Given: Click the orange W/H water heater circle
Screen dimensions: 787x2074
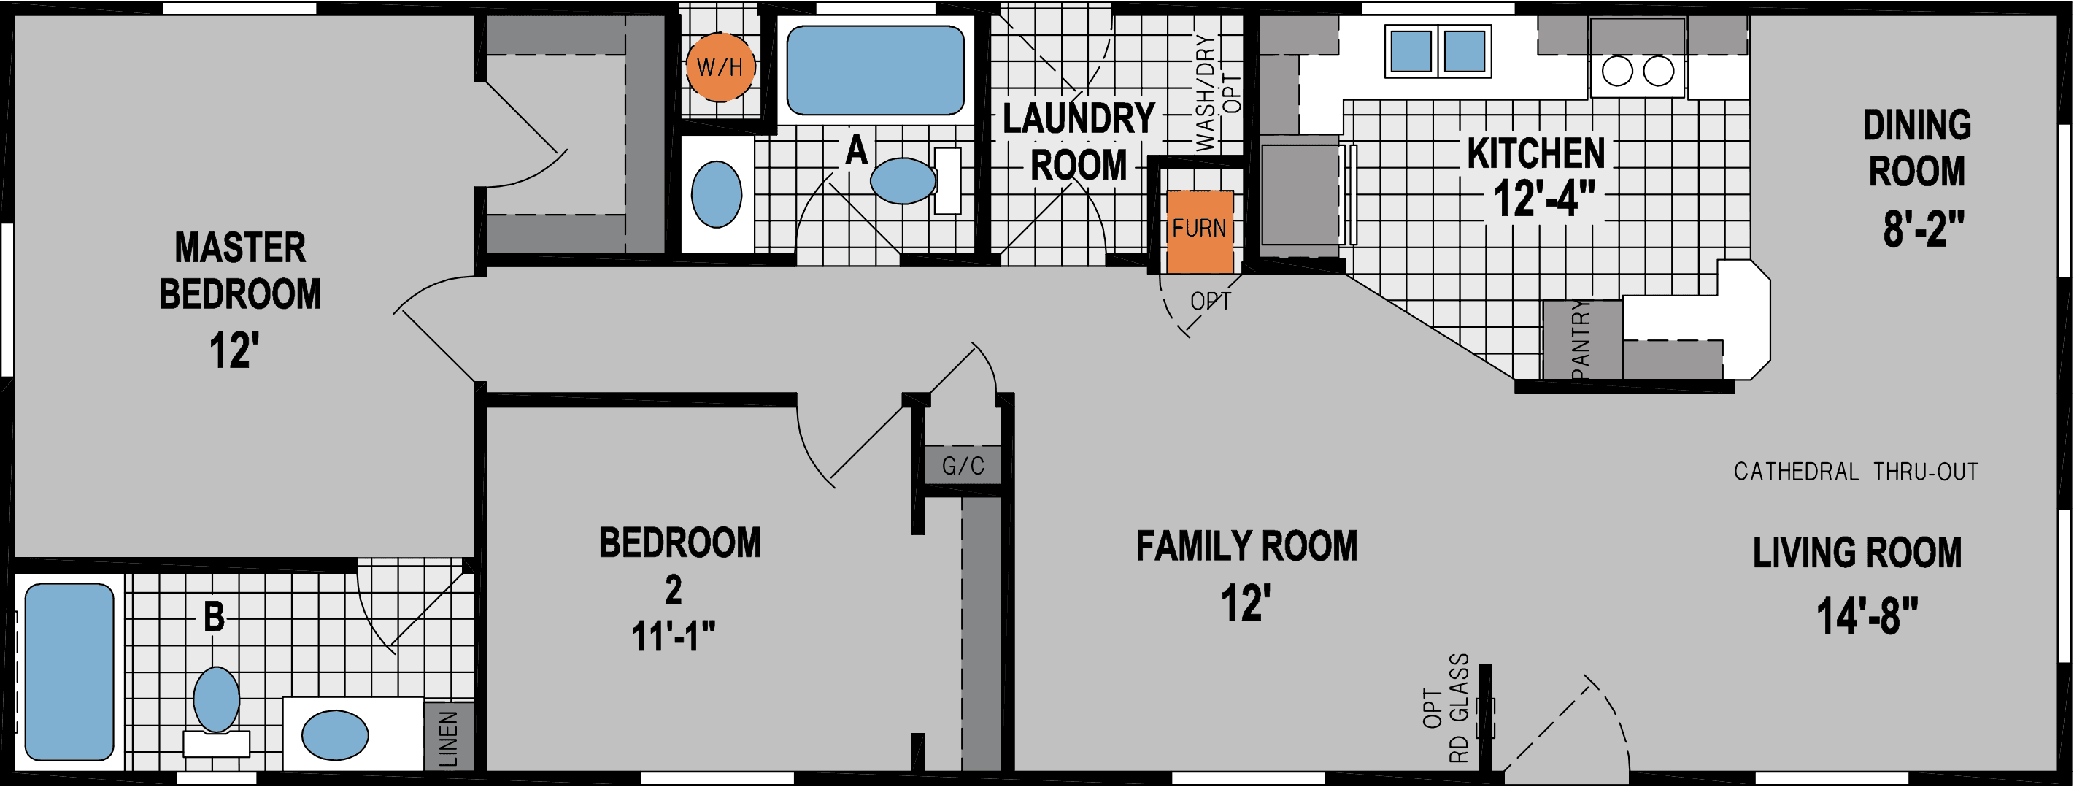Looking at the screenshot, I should (x=720, y=67).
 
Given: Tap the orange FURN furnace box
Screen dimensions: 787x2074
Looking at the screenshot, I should (x=1199, y=231).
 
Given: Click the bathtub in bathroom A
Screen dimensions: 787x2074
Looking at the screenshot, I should (x=874, y=70).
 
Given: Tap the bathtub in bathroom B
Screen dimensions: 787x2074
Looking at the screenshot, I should (x=69, y=671).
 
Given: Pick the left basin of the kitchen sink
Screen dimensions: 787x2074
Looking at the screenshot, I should (x=1411, y=51).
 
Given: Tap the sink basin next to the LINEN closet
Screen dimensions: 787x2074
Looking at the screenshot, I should (x=335, y=734).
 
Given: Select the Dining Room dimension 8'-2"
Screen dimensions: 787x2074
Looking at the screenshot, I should (x=1923, y=228).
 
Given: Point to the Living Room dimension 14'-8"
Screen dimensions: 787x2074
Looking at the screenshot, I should (x=1866, y=616).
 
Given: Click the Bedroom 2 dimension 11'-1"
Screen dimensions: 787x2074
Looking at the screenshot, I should (x=673, y=637).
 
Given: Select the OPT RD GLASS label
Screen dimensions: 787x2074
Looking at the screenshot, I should (x=1446, y=707).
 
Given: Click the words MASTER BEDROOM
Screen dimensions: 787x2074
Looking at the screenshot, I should (x=240, y=271).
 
